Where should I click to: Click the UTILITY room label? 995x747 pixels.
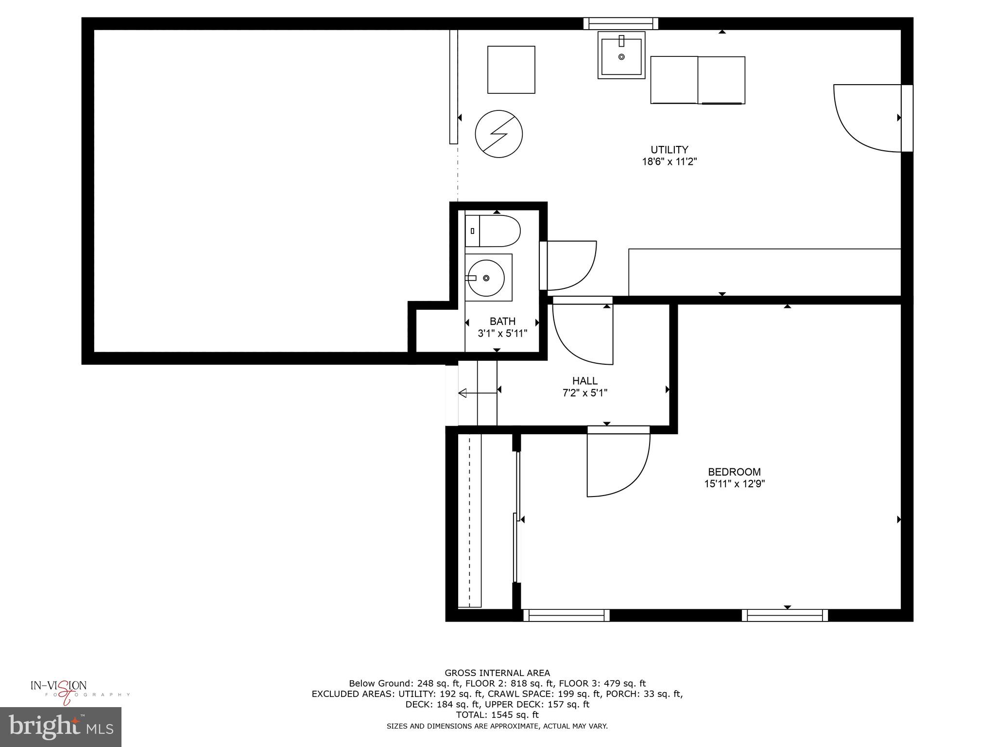click(669, 150)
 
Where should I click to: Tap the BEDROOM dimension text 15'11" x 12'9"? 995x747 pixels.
click(734, 484)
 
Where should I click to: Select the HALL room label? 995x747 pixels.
click(584, 381)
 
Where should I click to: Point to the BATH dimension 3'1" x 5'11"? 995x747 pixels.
click(502, 334)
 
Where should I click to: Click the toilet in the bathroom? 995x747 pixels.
click(493, 231)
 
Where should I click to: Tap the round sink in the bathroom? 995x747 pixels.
click(485, 278)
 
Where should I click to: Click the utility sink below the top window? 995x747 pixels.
click(621, 56)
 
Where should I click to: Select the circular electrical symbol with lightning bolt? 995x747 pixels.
click(498, 134)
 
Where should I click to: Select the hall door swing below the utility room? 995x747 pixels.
click(583, 332)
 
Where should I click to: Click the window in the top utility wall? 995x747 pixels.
click(620, 23)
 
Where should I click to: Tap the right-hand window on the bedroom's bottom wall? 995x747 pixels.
click(785, 616)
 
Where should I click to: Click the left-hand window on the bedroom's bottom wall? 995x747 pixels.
click(566, 616)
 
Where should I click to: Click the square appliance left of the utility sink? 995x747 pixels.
click(511, 70)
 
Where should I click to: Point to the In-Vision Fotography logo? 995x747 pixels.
click(63, 691)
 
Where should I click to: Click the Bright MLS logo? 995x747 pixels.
click(61, 727)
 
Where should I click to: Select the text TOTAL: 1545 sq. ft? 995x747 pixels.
click(497, 715)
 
